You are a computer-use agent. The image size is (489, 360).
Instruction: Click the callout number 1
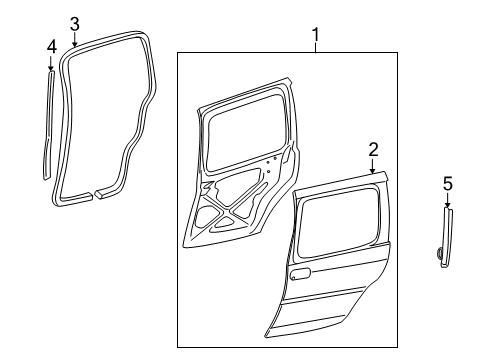tap(316, 38)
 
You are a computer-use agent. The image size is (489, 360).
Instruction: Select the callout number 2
tap(372, 150)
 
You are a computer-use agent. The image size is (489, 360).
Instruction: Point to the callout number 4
tap(51, 45)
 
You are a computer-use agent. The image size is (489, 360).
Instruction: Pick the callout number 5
tap(447, 182)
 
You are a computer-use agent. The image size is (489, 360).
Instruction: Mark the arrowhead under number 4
tap(51, 68)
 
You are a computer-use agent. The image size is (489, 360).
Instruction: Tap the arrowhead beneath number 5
tap(447, 206)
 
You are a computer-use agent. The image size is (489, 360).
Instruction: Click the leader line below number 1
tap(316, 50)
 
